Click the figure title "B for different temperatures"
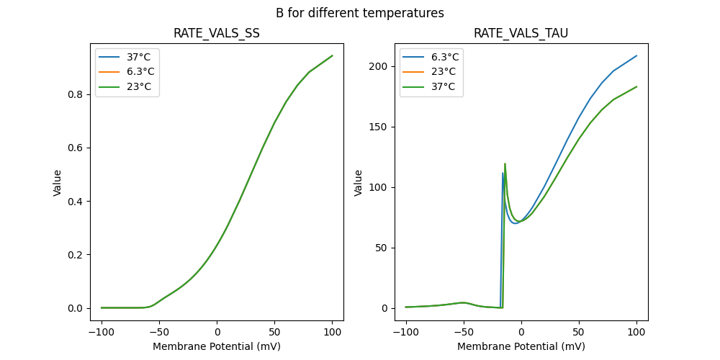point(359,13)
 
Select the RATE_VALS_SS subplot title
point(217,34)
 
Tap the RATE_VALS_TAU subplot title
point(521,34)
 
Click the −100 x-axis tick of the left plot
point(102,332)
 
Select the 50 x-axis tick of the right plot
point(579,332)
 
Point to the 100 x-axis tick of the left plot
point(332,332)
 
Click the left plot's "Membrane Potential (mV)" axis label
point(217,346)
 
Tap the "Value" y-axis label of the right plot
point(358,183)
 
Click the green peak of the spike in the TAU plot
point(505,163)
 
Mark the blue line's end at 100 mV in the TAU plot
point(636,55)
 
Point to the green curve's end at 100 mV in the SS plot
point(332,55)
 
